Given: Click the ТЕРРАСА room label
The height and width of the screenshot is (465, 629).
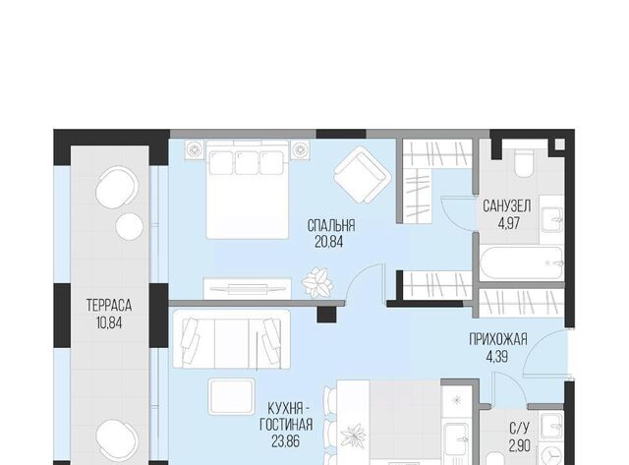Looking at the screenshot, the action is [109, 306].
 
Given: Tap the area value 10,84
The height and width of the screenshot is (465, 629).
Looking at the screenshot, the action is [109, 322].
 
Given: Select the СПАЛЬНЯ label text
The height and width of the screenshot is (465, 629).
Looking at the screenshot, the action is [331, 225].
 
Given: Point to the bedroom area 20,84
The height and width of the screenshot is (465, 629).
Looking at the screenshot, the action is [329, 242].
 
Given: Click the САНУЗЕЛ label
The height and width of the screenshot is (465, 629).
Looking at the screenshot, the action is [507, 206].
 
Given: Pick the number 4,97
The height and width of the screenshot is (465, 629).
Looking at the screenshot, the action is [509, 223].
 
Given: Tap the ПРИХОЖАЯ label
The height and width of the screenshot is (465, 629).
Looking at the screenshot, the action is [498, 339].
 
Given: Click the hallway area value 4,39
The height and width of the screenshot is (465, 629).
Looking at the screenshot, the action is [497, 356].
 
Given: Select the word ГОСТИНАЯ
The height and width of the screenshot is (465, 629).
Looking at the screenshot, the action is [286, 425].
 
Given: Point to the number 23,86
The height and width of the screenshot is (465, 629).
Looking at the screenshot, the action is [285, 441].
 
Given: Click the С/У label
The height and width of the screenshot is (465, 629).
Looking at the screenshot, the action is [520, 429].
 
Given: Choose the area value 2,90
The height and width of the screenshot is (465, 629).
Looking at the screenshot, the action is [520, 445].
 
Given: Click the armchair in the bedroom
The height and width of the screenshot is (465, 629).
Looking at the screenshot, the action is [363, 175].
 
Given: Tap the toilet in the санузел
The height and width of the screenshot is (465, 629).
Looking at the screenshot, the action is [524, 164].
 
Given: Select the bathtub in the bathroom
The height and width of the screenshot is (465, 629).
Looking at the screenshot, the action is [522, 263].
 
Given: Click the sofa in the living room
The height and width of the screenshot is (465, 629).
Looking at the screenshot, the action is [232, 339].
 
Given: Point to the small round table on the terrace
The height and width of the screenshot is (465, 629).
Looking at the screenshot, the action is [129, 226].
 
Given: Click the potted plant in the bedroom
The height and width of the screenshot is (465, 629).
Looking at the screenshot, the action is [317, 282].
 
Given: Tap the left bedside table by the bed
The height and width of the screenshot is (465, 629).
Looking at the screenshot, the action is [195, 150].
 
